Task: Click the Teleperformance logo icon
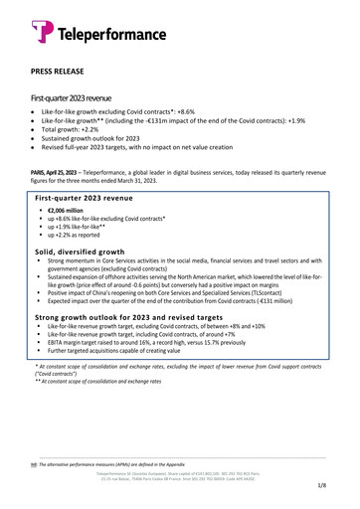point(40,33)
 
